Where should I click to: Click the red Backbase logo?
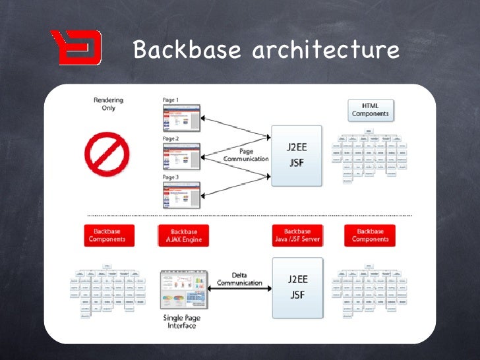pos(76,47)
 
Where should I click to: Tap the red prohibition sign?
pos(106,154)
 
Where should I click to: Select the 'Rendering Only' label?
pos(108,104)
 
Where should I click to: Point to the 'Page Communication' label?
pos(245,155)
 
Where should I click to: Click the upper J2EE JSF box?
pos(297,156)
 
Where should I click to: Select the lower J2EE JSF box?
pos(297,288)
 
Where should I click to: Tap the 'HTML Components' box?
pos(371,109)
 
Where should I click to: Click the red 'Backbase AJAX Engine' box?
pos(183,236)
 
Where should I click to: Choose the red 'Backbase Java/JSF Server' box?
pos(297,236)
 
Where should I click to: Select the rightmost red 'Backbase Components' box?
pos(370,236)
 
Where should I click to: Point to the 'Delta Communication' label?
pos(239,279)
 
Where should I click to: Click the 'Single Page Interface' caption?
pos(181,322)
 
